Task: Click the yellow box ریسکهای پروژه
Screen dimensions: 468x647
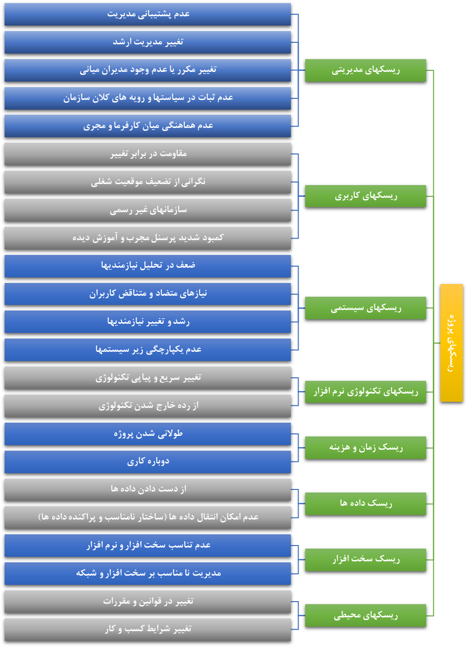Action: [451, 343]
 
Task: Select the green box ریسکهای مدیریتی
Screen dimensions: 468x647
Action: [365, 70]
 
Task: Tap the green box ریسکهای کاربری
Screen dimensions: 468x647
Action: [365, 196]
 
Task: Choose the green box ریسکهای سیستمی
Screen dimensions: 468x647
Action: [365, 308]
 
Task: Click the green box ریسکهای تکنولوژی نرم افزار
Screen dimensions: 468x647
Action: [365, 392]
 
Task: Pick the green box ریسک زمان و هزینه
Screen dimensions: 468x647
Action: [365, 448]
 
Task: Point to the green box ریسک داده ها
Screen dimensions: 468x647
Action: [365, 504]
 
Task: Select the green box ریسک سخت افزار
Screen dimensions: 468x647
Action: [365, 560]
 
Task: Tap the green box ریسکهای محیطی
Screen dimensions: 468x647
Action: [365, 615]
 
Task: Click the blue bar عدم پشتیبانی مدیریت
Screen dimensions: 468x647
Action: [147, 14]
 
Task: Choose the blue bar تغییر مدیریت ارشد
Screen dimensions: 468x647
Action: [147, 42]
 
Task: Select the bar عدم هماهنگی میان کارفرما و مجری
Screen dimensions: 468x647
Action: [147, 126]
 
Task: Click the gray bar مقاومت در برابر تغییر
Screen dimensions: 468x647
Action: [147, 154]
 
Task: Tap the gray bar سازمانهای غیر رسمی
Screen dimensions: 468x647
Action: [147, 210]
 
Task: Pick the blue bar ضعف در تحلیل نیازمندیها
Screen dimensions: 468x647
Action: [147, 266]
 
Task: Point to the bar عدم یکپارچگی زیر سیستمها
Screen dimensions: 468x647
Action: [147, 350]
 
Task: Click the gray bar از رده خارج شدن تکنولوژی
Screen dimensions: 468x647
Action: [147, 406]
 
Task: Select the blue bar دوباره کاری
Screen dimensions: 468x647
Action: [147, 462]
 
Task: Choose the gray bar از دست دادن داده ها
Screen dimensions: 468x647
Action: [147, 489]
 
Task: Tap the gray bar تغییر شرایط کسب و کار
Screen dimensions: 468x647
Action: [147, 630]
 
